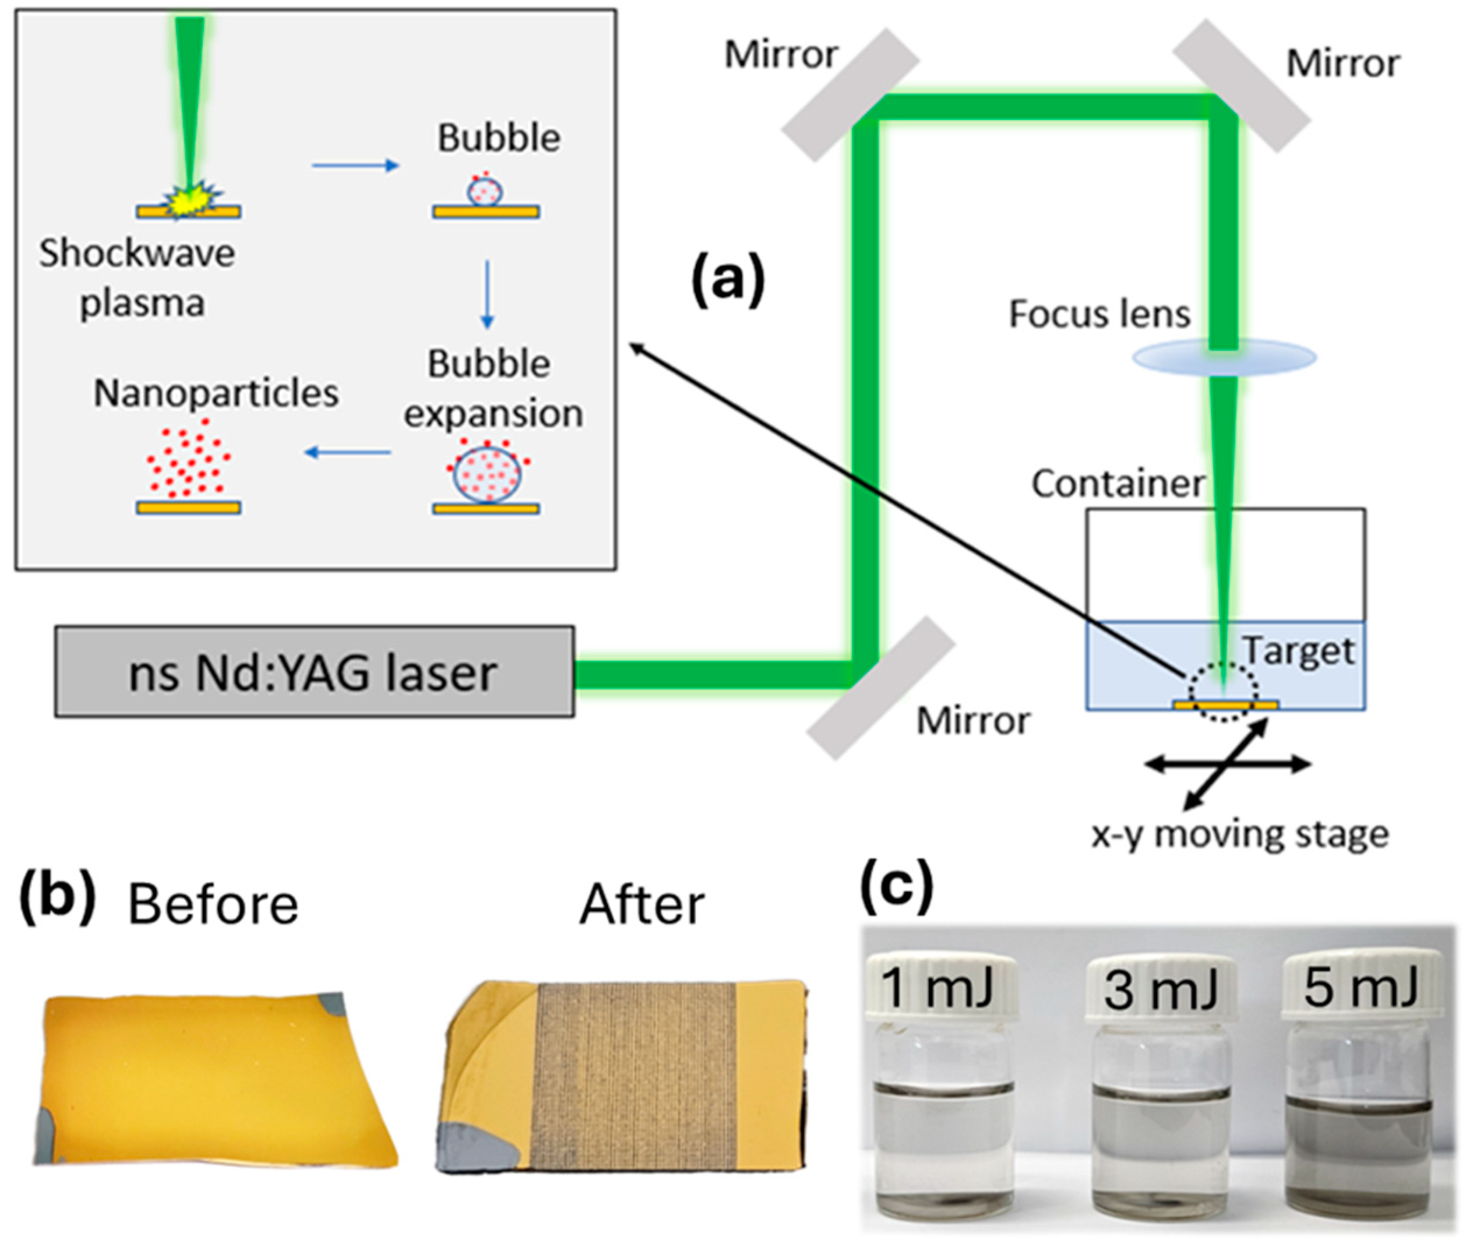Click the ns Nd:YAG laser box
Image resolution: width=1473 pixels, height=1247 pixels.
314,671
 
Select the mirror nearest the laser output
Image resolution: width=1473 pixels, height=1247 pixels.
880,688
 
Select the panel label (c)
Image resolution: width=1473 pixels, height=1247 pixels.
896,887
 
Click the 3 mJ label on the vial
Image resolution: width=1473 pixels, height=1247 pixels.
1159,989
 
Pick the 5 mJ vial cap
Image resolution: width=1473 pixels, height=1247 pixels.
1361,986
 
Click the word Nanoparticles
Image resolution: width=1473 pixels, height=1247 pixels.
216,393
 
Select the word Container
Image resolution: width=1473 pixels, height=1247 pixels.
1118,484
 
